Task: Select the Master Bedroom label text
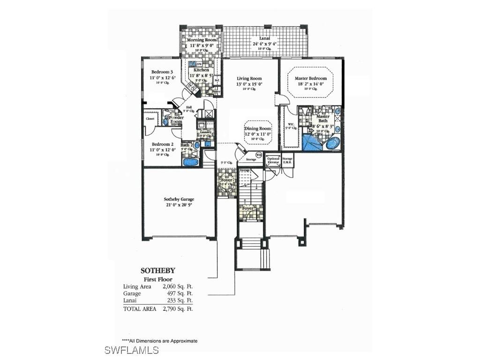point(311,79)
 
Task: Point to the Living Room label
point(249,79)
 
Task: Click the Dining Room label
point(258,128)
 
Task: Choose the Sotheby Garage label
point(179,199)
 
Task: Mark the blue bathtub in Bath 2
point(190,162)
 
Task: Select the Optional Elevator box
point(273,160)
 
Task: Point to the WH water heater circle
point(258,155)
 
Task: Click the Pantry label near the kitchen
point(216,91)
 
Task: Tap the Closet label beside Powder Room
point(150,119)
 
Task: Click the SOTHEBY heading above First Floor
point(158,270)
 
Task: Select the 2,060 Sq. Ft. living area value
point(178,286)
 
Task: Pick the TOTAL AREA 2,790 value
point(178,309)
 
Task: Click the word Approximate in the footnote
point(184,341)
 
